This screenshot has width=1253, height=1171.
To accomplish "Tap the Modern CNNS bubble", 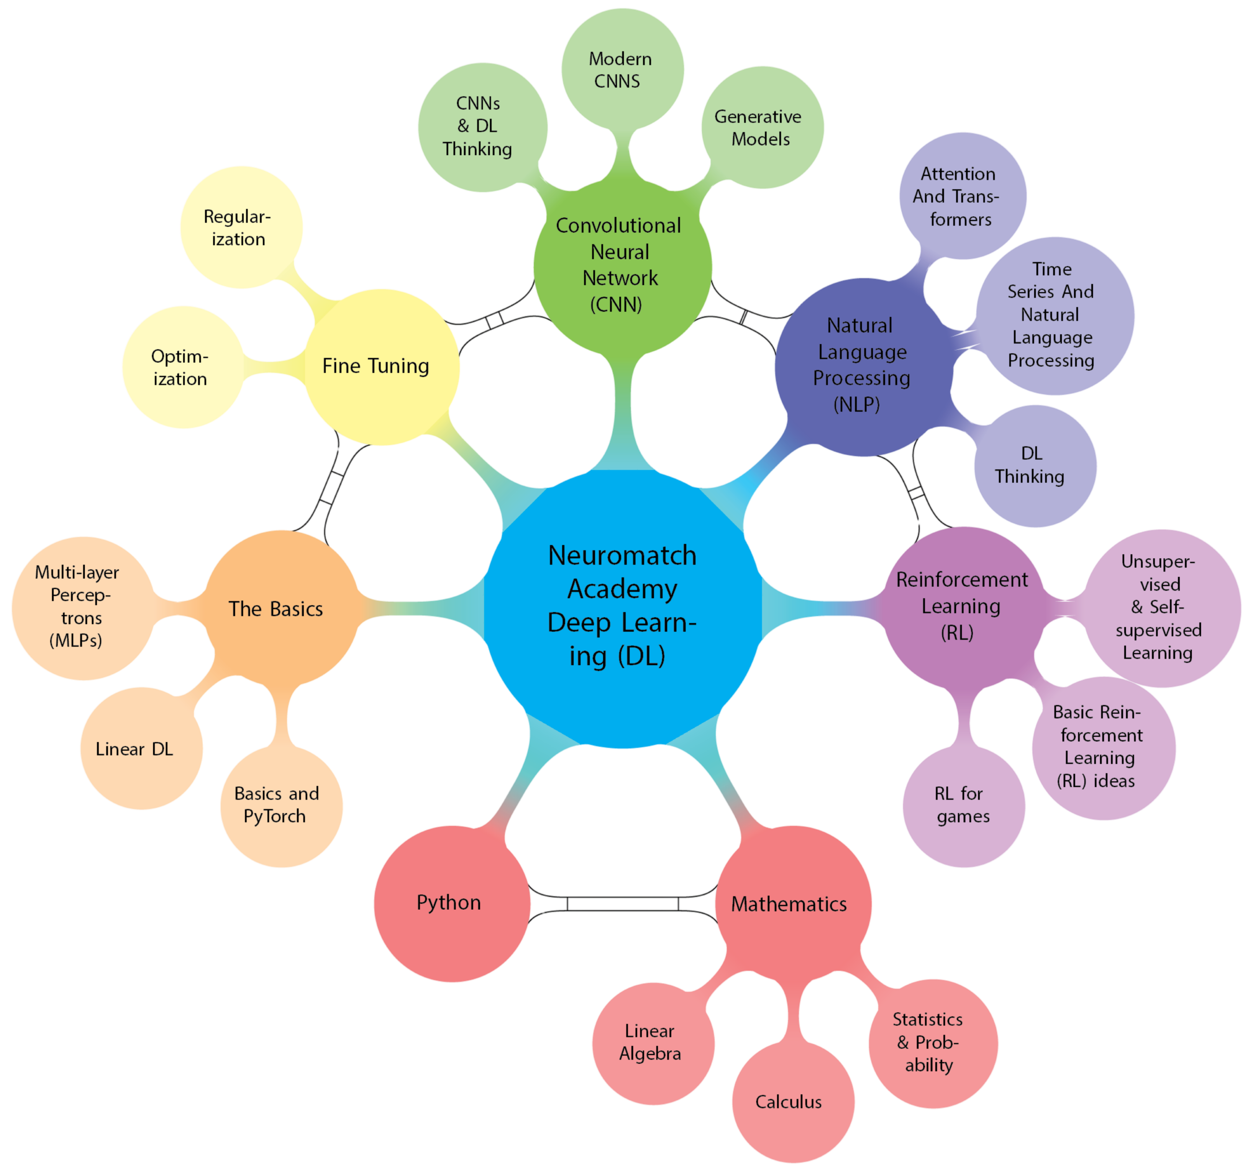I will tap(621, 70).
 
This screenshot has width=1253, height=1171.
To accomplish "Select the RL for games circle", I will tap(963, 805).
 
